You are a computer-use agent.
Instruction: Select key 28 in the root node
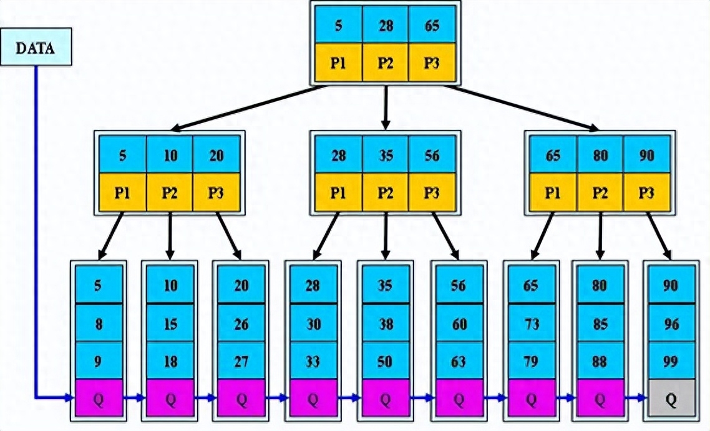(386, 26)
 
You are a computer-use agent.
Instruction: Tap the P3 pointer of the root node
(432, 63)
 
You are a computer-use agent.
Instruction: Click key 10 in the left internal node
(170, 156)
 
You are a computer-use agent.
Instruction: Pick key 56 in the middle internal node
(432, 156)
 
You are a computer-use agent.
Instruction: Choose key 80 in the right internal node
(600, 156)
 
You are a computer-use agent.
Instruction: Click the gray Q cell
(671, 399)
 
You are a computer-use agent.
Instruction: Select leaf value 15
(170, 324)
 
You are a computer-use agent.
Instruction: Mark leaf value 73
(531, 324)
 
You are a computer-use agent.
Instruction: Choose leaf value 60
(459, 324)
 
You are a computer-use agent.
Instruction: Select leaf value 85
(600, 324)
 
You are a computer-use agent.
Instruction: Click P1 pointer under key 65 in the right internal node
(553, 192)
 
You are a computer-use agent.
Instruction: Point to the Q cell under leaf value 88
(600, 399)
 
